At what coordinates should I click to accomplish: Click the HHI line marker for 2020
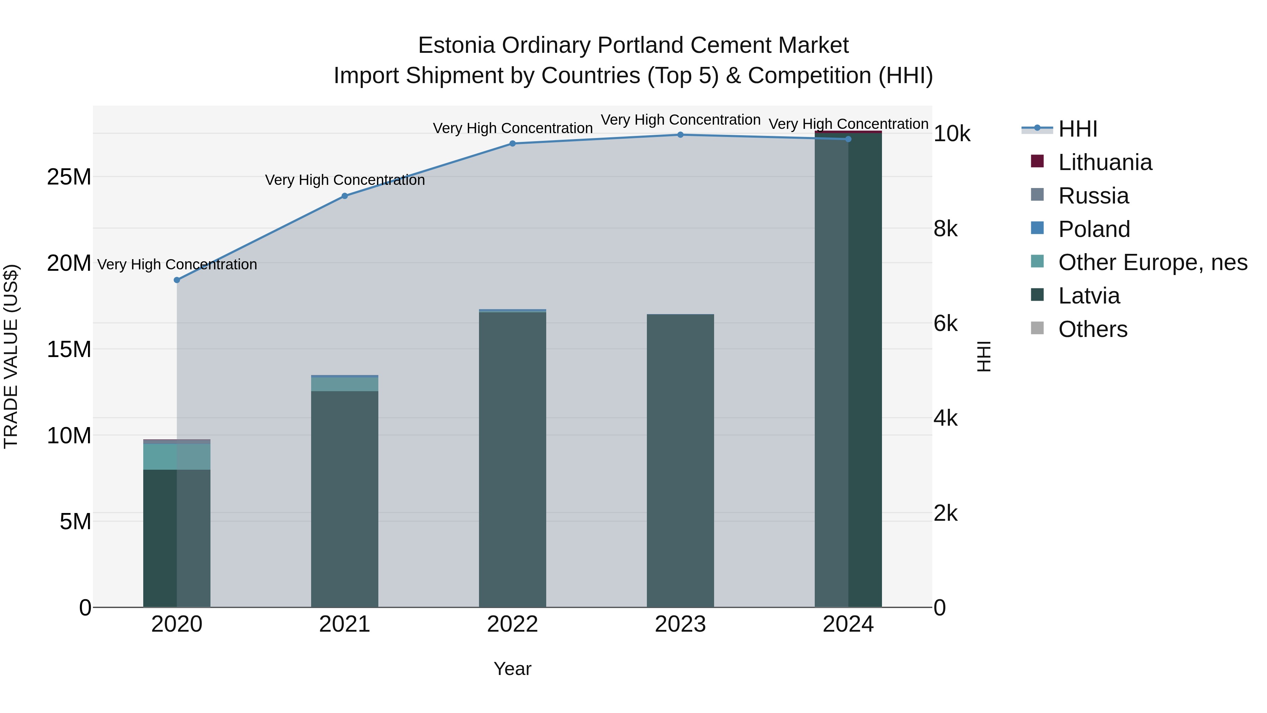click(x=177, y=280)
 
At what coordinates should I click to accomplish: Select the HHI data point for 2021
click(x=345, y=196)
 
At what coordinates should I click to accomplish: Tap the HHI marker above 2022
click(x=512, y=144)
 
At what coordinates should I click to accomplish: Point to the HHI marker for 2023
click(x=680, y=135)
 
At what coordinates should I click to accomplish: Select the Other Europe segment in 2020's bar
click(x=177, y=457)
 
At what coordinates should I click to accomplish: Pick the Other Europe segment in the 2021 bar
click(x=345, y=384)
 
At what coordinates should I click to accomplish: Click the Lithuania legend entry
click(x=1105, y=162)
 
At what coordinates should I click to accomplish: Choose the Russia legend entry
click(x=1093, y=196)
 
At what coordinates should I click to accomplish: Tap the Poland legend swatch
click(x=1037, y=228)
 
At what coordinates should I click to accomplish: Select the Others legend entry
click(x=1092, y=329)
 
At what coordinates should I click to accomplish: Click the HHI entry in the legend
click(x=1077, y=129)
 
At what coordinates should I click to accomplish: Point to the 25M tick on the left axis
click(x=69, y=177)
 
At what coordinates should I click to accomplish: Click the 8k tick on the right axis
click(x=945, y=229)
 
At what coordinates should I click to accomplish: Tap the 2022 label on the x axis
click(x=512, y=624)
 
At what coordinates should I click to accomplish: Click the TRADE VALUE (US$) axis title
click(x=11, y=356)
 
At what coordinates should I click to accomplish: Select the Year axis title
click(x=512, y=669)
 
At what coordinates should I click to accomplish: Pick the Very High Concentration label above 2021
click(x=345, y=180)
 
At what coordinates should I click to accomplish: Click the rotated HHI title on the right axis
click(x=983, y=356)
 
